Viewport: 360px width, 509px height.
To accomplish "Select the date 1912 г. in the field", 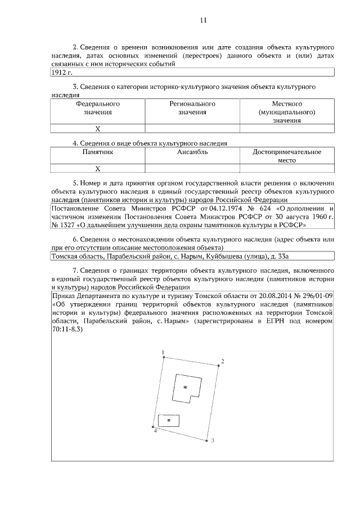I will click(x=62, y=73).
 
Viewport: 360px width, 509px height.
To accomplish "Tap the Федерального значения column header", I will click(x=97, y=108).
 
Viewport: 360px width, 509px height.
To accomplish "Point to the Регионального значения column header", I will click(x=192, y=108).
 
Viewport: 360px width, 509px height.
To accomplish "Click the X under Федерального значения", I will click(x=97, y=128).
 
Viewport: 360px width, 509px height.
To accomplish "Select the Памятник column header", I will click(x=97, y=152).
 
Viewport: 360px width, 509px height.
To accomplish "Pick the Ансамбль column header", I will click(x=192, y=152).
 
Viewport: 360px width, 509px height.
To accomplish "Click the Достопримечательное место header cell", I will click(x=287, y=156).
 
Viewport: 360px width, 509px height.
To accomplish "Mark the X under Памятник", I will click(x=97, y=168).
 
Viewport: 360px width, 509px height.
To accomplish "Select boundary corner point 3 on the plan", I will click(x=206, y=441).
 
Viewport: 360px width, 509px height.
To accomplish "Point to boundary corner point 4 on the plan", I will click(x=154, y=427).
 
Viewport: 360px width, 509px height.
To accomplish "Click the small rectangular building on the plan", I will click(x=169, y=419).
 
